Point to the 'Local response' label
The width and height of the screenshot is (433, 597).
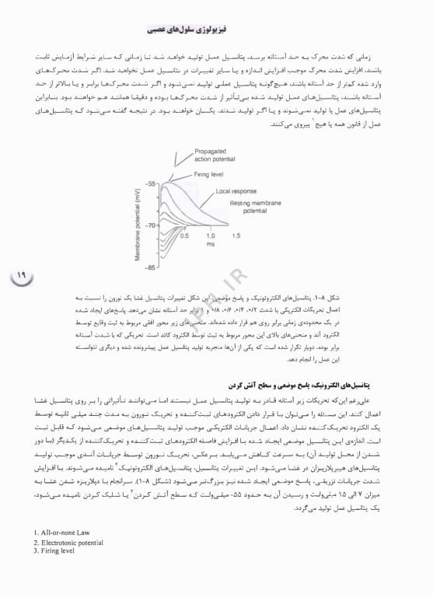(236, 190)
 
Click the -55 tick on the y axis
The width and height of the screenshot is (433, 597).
(151, 183)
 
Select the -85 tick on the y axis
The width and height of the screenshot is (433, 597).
(151, 267)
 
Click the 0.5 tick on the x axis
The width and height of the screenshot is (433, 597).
(184, 236)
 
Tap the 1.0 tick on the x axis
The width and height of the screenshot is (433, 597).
(210, 236)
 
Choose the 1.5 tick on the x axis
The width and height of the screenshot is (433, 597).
(236, 236)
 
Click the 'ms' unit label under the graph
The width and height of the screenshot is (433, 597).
(210, 244)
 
